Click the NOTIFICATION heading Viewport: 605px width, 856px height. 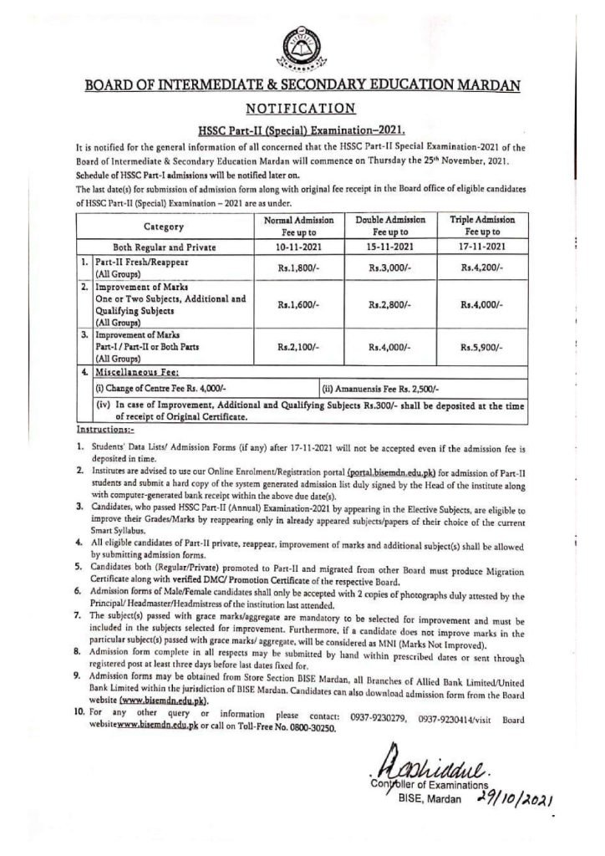tap(302, 108)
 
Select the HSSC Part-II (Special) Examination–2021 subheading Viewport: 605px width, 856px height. tap(302, 130)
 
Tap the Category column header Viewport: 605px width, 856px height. tap(163, 226)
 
